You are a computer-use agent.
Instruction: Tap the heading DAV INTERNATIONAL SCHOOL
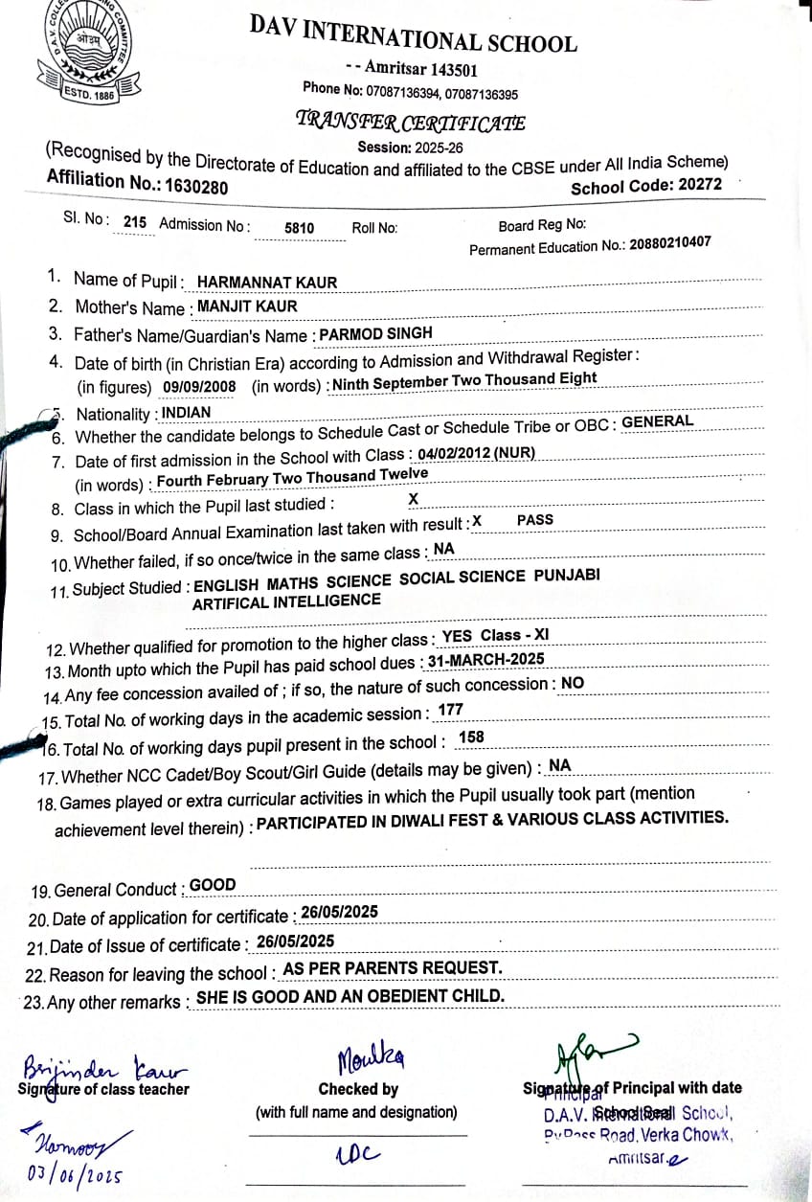[413, 35]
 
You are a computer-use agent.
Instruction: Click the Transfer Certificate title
[411, 122]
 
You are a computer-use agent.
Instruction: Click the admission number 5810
[300, 229]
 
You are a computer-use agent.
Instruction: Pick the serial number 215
[135, 222]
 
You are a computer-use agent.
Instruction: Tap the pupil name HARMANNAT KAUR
[267, 283]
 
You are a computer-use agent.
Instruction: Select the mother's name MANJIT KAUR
[247, 306]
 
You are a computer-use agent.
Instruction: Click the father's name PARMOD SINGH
[375, 333]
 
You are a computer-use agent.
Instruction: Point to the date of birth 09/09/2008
[199, 387]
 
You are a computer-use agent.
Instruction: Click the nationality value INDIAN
[186, 413]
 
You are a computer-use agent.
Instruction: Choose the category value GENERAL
[657, 421]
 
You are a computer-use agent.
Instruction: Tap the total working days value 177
[450, 710]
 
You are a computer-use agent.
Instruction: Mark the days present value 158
[471, 737]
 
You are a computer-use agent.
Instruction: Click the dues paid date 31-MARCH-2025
[486, 659]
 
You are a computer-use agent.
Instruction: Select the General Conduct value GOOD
[213, 885]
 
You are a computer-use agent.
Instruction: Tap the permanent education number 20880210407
[669, 243]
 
